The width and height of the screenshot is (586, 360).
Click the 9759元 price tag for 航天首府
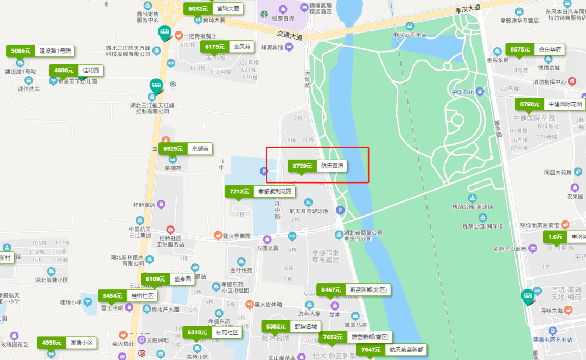(302, 166)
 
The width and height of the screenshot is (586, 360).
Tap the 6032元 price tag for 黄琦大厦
(198, 9)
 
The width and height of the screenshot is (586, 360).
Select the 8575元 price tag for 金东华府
(520, 49)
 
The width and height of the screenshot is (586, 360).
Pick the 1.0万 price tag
(555, 237)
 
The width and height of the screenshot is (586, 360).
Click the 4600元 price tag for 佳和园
(63, 71)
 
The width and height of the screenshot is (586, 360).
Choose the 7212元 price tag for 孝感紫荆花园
(239, 192)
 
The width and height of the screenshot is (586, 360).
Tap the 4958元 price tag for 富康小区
(52, 343)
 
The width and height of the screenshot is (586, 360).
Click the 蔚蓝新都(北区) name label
(368, 290)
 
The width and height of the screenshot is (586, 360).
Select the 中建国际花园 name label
(565, 104)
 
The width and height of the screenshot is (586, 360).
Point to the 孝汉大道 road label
(467, 9)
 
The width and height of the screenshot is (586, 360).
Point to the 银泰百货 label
(283, 18)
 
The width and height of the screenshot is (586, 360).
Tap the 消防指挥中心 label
(549, 82)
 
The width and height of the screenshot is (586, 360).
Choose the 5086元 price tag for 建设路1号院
(20, 51)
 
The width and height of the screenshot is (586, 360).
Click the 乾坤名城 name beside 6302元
(305, 326)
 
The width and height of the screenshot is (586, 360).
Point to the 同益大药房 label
(558, 173)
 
